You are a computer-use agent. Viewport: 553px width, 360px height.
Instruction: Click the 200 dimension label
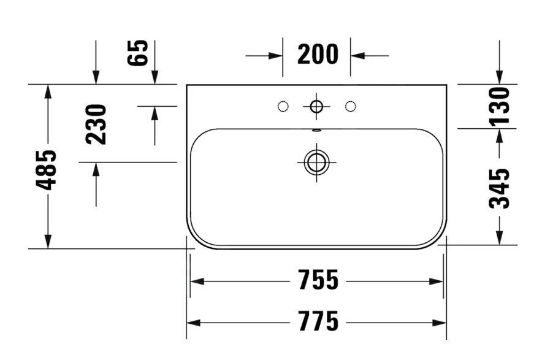pyautogui.click(x=318, y=55)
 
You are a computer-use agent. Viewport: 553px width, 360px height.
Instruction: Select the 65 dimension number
pyautogui.click(x=137, y=53)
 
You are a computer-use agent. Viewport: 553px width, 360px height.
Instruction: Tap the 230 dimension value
pyautogui.click(x=96, y=124)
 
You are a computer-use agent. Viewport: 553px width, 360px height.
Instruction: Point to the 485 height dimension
pyautogui.click(x=46, y=170)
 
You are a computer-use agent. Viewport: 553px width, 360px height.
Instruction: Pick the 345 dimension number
pyautogui.click(x=500, y=188)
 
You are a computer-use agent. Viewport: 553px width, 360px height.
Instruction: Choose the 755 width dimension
pyautogui.click(x=318, y=280)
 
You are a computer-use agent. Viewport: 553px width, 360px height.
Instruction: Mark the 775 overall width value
pyautogui.click(x=318, y=321)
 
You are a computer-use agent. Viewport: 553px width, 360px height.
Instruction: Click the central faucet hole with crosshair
pyautogui.click(x=316, y=106)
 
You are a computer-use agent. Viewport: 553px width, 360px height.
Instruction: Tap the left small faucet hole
pyautogui.click(x=283, y=106)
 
